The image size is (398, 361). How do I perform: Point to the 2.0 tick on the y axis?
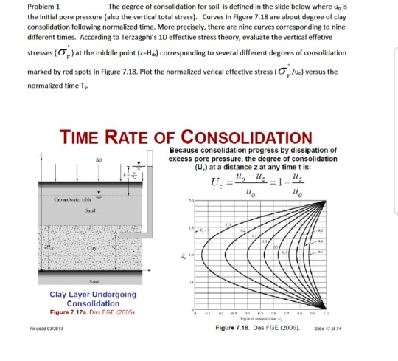click(190, 201)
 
